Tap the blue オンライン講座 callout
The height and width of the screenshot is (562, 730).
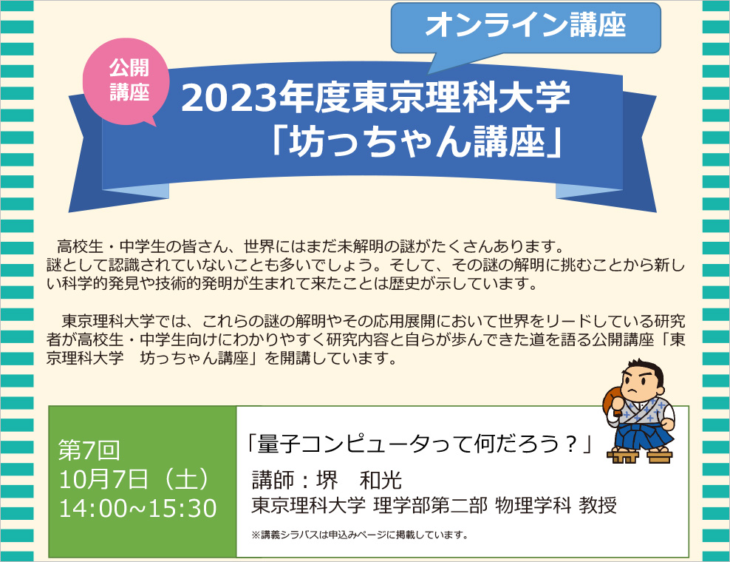click(525, 28)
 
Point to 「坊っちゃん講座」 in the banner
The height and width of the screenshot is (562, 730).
click(418, 142)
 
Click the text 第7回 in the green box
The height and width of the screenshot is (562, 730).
click(89, 450)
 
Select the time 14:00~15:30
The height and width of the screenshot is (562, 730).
click(138, 508)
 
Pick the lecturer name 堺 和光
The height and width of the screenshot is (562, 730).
click(359, 481)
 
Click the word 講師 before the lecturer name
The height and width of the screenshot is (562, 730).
click(273, 481)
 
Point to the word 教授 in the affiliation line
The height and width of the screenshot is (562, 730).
click(598, 506)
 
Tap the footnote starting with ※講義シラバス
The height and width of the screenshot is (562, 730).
click(359, 535)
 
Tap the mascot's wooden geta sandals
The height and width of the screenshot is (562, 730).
click(640, 456)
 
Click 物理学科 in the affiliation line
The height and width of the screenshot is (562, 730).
click(533, 506)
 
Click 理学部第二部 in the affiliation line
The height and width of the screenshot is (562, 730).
click(430, 506)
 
